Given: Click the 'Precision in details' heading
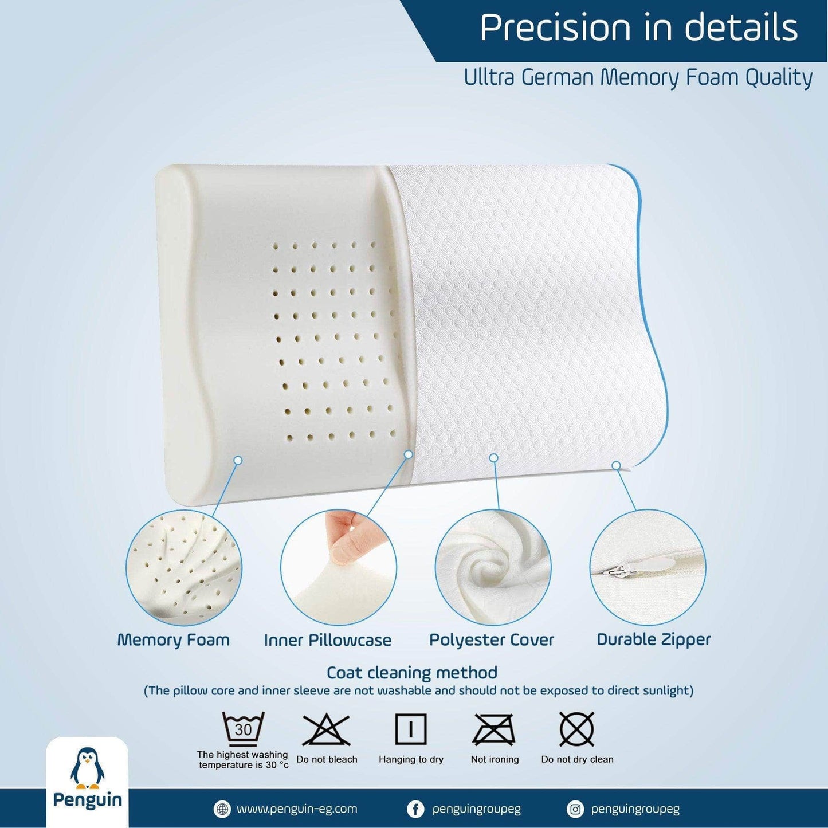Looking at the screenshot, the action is point(638,28).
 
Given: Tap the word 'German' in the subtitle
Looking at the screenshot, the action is point(559,78).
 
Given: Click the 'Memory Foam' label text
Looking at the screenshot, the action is point(174,640).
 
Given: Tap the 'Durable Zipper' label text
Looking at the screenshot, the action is point(654,640).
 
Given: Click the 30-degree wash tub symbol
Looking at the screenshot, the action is point(243,730).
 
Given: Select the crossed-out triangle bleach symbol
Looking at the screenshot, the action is point(327,731).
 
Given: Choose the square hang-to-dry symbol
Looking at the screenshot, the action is point(411,729).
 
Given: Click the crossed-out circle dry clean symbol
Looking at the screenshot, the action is point(577,729).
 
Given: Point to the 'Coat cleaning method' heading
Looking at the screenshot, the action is point(411,673).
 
